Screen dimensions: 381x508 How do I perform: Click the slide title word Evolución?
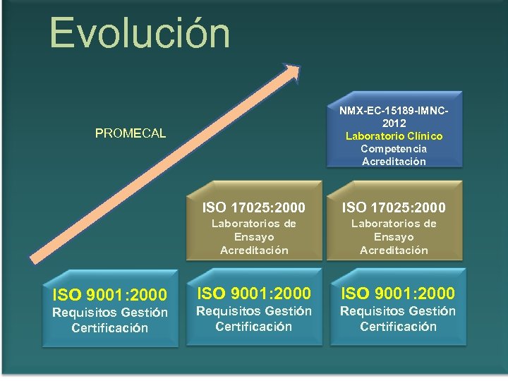coord(140,33)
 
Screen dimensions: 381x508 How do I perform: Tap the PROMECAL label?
coord(131,133)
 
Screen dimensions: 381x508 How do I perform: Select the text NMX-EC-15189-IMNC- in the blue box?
coord(394,111)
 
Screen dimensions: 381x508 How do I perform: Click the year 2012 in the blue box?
coord(394,123)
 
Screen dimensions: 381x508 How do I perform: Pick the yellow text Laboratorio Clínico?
coord(394,136)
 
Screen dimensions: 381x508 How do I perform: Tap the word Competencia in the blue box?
coord(394,149)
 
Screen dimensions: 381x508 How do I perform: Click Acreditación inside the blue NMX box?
coord(394,162)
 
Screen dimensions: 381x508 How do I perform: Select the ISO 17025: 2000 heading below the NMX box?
coord(394,207)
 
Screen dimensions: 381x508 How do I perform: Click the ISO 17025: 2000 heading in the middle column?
coord(254,207)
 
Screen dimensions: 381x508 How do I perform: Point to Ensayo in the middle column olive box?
coord(254,237)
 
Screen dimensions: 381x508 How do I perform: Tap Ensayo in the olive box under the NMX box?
coord(394,237)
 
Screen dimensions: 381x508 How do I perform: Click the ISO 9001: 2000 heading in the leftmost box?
coord(109,294)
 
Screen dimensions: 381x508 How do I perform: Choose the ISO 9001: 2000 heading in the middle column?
coord(253,293)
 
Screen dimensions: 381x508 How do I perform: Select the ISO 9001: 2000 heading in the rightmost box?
coord(398,293)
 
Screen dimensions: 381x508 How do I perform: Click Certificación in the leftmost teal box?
coord(109,328)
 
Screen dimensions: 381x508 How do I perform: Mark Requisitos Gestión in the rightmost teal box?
coord(398,311)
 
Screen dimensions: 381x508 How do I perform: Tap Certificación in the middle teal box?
coord(253,327)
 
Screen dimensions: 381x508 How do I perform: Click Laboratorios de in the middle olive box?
coord(254,224)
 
